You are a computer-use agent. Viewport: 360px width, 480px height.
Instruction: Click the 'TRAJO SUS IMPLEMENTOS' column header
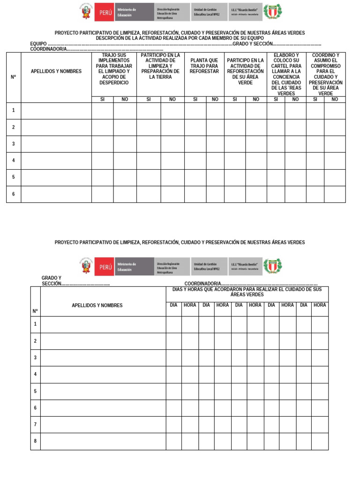(x=114, y=69)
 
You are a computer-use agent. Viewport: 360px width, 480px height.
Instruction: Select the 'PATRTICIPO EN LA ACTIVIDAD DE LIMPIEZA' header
(x=160, y=66)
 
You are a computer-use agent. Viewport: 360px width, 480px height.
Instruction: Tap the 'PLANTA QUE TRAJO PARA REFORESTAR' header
(x=204, y=66)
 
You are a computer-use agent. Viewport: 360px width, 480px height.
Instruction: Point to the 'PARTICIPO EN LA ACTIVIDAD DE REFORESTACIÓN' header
(x=245, y=72)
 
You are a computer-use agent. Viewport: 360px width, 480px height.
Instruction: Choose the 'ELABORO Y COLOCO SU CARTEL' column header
(x=286, y=74)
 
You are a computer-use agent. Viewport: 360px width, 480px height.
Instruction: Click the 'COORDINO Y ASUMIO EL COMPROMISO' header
(x=325, y=74)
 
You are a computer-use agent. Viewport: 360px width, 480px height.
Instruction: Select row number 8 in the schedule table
(x=35, y=441)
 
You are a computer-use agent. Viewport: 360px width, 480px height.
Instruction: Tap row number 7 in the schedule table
(x=35, y=424)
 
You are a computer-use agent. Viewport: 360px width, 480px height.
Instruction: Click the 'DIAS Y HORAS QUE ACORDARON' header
(x=247, y=292)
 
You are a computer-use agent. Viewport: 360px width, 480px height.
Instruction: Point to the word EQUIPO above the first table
(x=38, y=44)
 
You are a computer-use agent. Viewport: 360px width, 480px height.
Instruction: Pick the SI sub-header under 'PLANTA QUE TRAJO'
(x=195, y=99)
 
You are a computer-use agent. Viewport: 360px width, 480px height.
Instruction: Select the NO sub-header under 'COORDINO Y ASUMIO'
(x=335, y=99)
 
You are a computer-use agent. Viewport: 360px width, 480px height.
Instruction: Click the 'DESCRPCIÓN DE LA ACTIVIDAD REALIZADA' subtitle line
(x=180, y=38)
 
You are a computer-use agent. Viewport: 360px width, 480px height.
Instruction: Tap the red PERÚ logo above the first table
(x=104, y=12)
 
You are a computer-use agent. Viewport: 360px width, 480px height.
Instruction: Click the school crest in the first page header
(x=272, y=12)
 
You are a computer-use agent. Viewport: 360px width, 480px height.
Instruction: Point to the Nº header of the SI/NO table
(x=13, y=77)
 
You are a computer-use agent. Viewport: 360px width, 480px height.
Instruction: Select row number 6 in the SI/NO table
(x=13, y=194)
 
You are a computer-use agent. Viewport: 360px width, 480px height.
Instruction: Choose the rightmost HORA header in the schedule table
(x=320, y=305)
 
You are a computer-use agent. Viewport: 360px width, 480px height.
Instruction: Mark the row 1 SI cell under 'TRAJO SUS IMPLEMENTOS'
(x=102, y=111)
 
